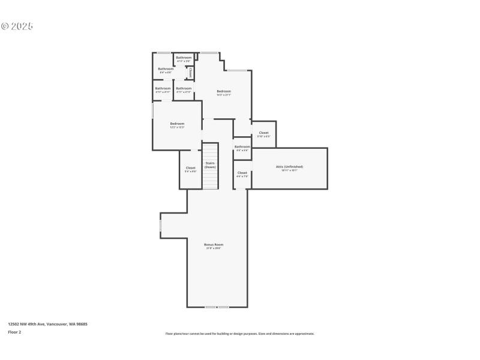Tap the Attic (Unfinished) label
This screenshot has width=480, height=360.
point(289,168)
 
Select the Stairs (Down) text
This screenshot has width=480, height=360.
point(210,165)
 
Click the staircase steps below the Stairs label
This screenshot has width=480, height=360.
point(210,180)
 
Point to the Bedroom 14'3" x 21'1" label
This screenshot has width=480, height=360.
point(224,92)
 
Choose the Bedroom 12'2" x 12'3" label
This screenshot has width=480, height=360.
point(177,125)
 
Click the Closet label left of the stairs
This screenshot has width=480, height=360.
point(190,169)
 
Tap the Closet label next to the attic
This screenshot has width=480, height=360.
point(242,174)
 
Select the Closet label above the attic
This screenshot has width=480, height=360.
point(263,134)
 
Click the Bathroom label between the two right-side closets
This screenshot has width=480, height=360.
point(242,148)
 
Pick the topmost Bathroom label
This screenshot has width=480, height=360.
point(184,59)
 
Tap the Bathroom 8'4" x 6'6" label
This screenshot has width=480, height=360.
point(166,70)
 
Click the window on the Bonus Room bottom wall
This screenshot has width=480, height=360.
point(217,307)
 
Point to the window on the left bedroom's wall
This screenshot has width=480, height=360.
point(152,111)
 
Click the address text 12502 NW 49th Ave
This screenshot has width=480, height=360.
point(47,323)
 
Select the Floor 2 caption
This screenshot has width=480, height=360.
point(14,331)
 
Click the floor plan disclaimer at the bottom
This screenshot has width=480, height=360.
point(239,334)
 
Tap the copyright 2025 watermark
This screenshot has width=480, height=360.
point(17,26)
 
